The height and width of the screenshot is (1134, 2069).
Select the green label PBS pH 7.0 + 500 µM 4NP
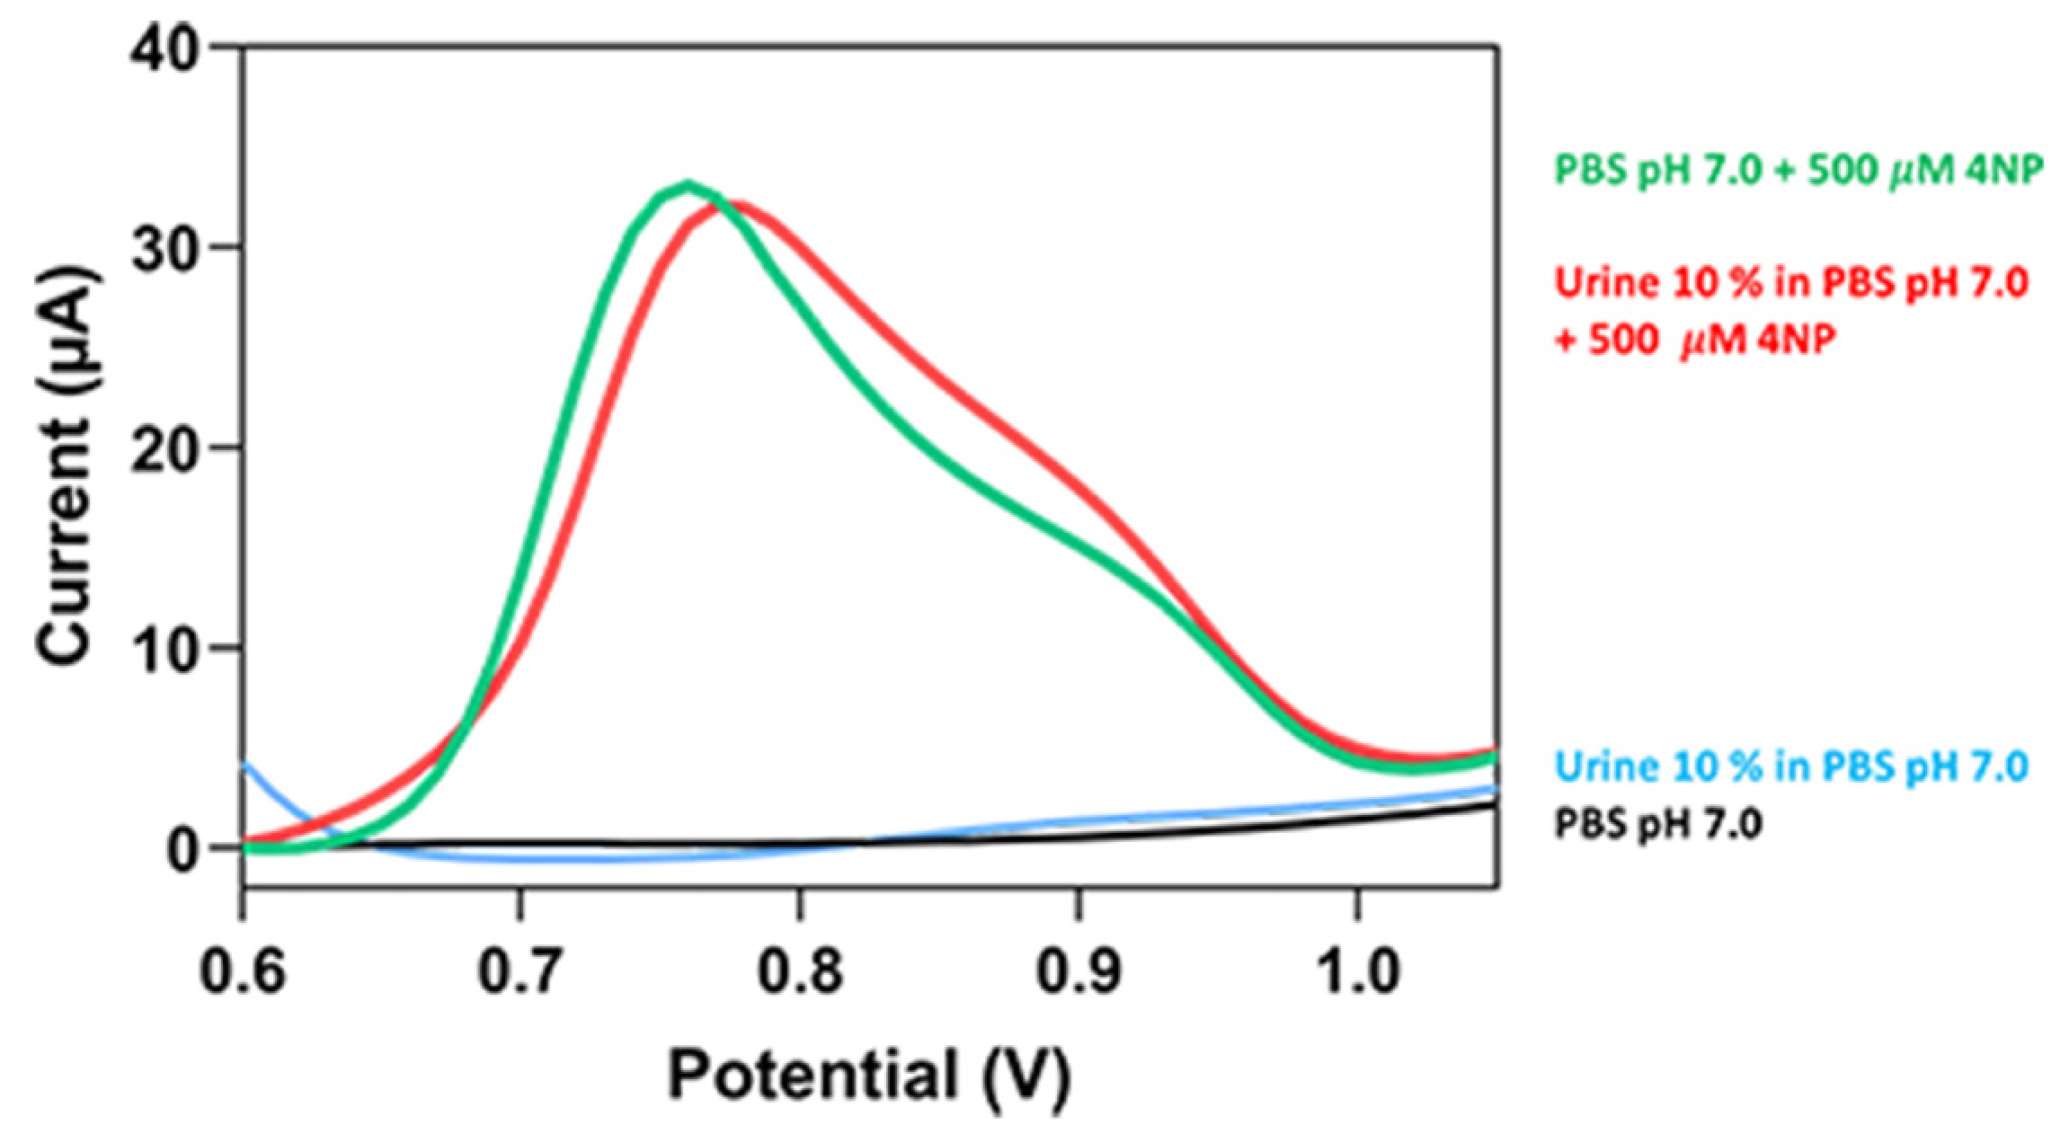(x=1798, y=169)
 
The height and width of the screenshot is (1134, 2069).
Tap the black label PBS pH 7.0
(x=1658, y=823)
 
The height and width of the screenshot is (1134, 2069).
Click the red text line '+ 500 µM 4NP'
(x=1694, y=341)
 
